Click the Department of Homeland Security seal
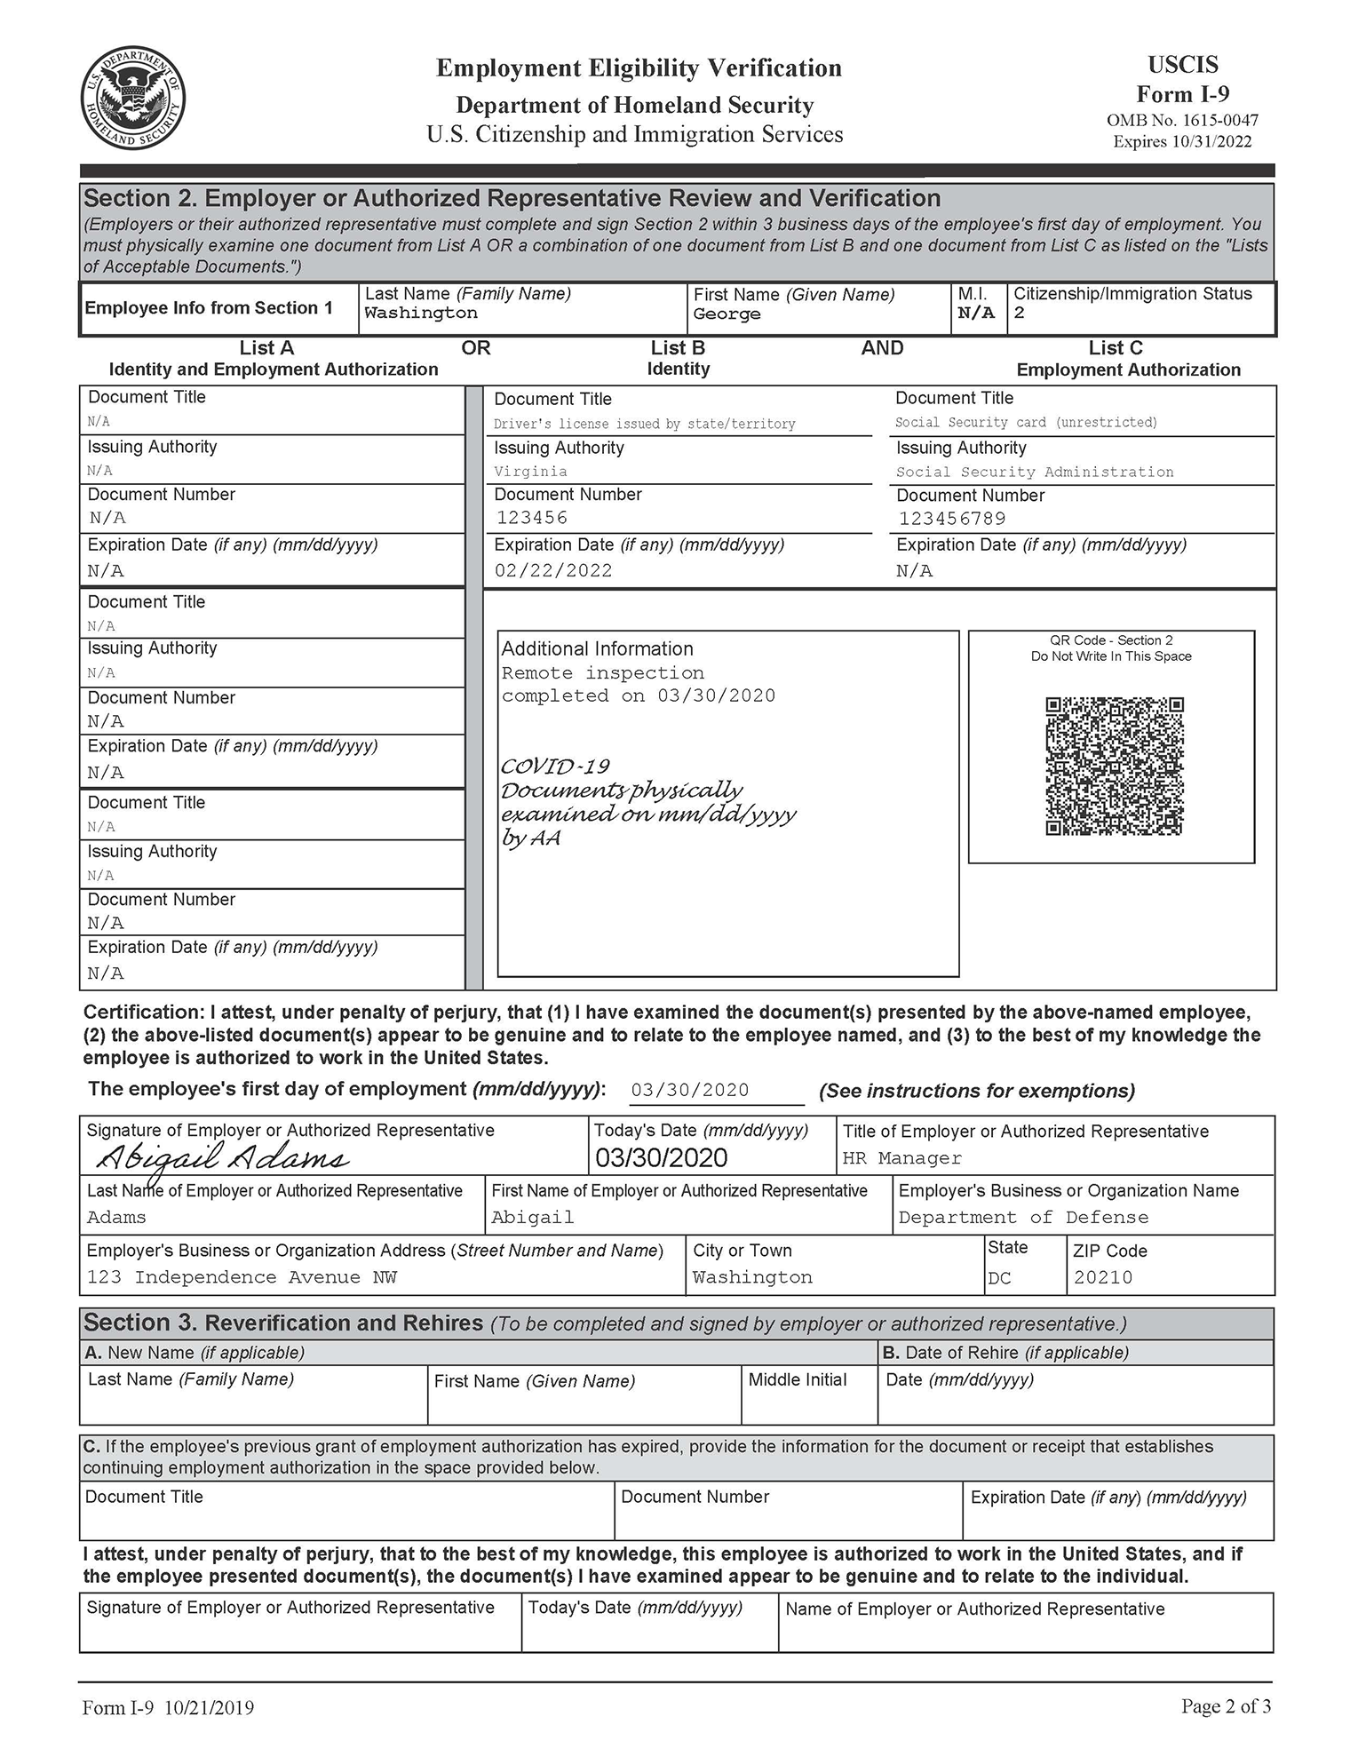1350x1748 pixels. [x=133, y=99]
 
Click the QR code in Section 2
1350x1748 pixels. [x=1114, y=766]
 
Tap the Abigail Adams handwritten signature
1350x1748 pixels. [x=222, y=1158]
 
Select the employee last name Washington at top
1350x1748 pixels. [x=420, y=313]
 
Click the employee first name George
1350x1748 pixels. [x=727, y=314]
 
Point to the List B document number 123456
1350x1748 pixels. [x=531, y=518]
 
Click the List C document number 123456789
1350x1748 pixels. [x=951, y=519]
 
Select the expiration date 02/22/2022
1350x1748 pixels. [x=553, y=571]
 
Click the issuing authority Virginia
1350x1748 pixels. [x=530, y=472]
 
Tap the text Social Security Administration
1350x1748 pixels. [x=1034, y=473]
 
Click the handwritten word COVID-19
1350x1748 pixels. [x=555, y=766]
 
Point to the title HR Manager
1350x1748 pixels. [x=901, y=1158]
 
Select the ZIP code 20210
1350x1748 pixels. [x=1102, y=1278]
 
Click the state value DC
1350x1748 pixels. [x=999, y=1279]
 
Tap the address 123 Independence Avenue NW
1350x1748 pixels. [x=242, y=1277]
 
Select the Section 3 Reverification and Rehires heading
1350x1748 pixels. [x=282, y=1323]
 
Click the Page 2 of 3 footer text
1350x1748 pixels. [x=1225, y=1706]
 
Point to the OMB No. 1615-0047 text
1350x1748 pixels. [x=1181, y=120]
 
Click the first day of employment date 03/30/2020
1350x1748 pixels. [x=689, y=1091]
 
